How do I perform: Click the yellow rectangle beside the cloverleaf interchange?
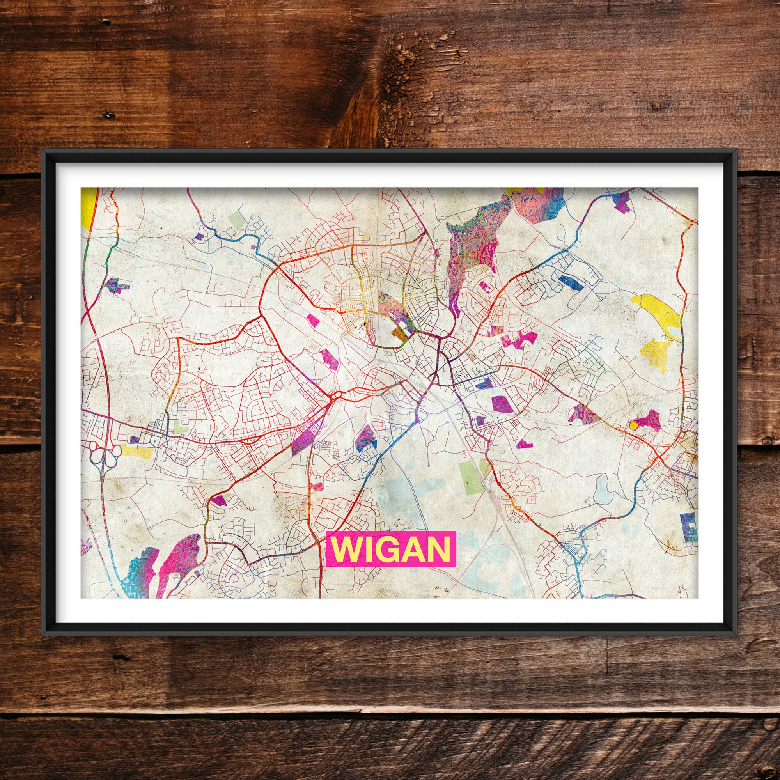click(136, 452)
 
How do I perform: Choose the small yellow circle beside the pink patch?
click(633, 425)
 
